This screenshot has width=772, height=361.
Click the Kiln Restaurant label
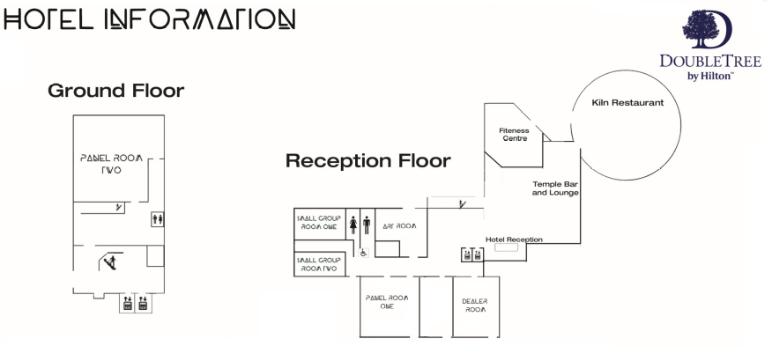[x=627, y=103]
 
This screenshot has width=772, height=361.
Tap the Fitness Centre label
[x=515, y=135]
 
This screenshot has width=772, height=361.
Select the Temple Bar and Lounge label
[x=555, y=188]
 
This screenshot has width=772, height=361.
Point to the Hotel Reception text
[x=514, y=239]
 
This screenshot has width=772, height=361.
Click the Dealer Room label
[x=475, y=306]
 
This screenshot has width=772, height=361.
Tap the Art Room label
[x=398, y=226]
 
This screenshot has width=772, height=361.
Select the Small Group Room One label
[x=317, y=221]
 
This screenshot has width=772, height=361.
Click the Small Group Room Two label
[x=317, y=264]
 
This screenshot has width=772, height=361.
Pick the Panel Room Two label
[x=111, y=164]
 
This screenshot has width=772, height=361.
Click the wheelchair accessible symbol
[x=362, y=251]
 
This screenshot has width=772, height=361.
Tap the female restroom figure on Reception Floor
[x=353, y=224]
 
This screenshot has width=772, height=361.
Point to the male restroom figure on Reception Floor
[x=367, y=224]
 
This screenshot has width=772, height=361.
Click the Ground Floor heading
[x=115, y=91]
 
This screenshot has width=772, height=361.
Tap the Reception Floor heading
[x=367, y=161]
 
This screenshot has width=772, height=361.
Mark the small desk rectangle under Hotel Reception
[x=506, y=248]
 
